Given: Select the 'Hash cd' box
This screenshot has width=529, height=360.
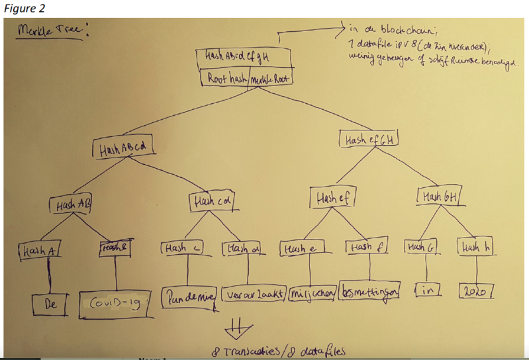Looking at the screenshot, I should [x=212, y=200].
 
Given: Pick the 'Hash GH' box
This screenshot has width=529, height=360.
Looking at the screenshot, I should [x=439, y=196].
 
